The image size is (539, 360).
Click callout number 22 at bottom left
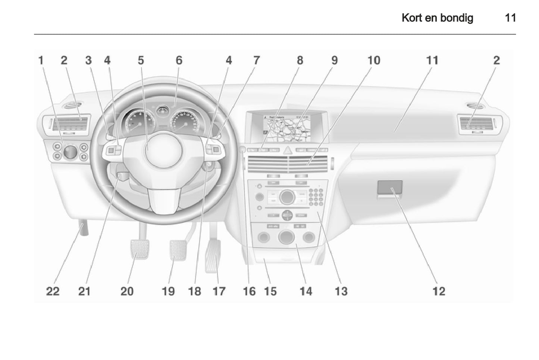click(53, 291)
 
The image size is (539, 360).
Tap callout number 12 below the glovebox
click(439, 291)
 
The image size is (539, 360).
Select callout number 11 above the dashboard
click(432, 60)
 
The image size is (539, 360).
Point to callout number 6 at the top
click(179, 60)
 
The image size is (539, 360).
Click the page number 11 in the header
click(510, 18)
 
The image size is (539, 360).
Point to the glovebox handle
click(390, 188)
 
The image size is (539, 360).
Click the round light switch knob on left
click(70, 151)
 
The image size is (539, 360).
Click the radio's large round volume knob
click(286, 197)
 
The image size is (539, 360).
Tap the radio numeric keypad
click(316, 197)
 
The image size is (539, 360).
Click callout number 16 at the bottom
click(249, 291)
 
